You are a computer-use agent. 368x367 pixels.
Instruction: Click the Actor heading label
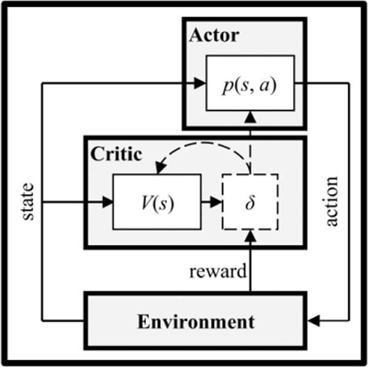pos(213,35)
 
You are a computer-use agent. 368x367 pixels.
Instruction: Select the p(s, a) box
pos(250,82)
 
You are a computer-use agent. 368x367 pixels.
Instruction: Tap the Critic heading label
pos(115,154)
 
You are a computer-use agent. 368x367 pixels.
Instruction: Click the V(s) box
pos(157,201)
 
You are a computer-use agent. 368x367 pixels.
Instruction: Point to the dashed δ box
pos(250,201)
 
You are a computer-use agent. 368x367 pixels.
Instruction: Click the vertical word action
pos(332,201)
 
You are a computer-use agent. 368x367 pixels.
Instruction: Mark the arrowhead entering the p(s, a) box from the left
pos(200,82)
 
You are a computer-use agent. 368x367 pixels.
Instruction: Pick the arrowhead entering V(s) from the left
pos(108,201)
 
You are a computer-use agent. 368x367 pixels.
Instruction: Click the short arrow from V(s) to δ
pos(211,201)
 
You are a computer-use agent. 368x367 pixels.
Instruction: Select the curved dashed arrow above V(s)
pos(202,149)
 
